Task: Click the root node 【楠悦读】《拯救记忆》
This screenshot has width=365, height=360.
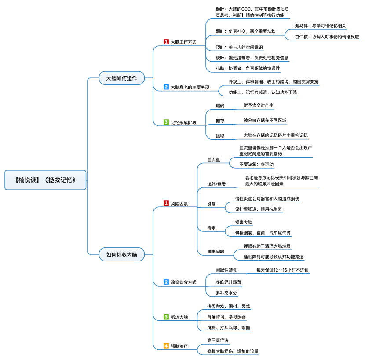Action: click(45, 180)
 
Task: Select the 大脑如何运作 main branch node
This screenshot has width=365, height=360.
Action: click(121, 78)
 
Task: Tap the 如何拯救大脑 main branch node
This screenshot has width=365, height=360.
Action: click(121, 254)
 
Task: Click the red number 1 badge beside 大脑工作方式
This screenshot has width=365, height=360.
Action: click(166, 42)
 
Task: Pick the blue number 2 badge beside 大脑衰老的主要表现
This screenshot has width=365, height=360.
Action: click(166, 87)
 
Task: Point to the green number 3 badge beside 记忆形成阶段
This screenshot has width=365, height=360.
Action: click(166, 122)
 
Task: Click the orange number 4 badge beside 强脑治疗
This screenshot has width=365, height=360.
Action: click(166, 346)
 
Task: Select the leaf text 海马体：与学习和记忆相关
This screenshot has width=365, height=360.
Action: click(321, 26)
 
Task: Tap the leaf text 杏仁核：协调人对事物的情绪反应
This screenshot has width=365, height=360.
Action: click(327, 37)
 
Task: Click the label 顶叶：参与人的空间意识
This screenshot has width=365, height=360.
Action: click(239, 47)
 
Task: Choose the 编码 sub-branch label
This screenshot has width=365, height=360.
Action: click(220, 106)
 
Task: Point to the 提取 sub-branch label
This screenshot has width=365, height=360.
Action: click(220, 136)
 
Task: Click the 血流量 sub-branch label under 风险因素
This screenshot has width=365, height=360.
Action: click(213, 160)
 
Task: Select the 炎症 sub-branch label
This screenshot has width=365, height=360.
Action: click(212, 204)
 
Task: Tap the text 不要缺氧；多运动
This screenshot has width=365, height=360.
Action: click(256, 164)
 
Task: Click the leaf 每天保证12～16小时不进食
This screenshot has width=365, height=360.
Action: click(282, 270)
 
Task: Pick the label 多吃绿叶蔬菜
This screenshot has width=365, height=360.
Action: click(228, 282)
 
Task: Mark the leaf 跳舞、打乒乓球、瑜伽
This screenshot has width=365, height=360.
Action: click(229, 327)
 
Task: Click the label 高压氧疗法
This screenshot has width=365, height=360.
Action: click(218, 341)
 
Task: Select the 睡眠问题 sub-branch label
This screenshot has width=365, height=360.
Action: click(215, 251)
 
